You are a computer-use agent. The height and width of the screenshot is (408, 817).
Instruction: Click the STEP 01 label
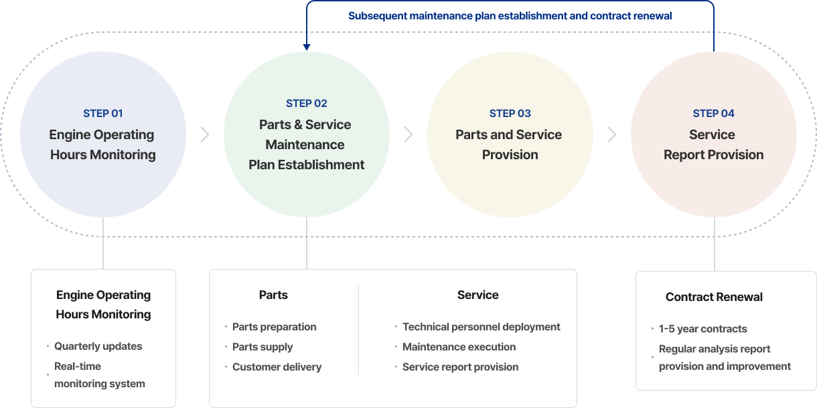pyautogui.click(x=103, y=114)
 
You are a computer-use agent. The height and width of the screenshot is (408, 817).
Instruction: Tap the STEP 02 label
pyautogui.click(x=307, y=104)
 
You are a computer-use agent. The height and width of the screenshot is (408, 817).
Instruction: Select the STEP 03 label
pyautogui.click(x=510, y=114)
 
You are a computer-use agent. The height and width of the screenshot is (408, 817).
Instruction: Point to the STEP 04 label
pyautogui.click(x=714, y=114)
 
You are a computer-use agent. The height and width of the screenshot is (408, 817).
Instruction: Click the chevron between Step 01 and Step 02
pyautogui.click(x=205, y=134)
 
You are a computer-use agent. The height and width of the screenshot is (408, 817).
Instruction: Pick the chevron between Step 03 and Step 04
pyautogui.click(x=612, y=134)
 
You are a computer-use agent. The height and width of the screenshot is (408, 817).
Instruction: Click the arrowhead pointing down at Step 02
pyautogui.click(x=307, y=47)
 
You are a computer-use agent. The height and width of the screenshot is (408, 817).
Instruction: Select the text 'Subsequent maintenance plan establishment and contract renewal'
pyautogui.click(x=510, y=15)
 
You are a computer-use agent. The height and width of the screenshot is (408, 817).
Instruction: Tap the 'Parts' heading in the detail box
pyautogui.click(x=273, y=295)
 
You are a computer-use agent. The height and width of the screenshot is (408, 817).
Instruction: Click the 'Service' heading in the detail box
pyautogui.click(x=478, y=295)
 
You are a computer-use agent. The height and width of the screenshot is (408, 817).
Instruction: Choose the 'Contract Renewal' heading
pyautogui.click(x=714, y=297)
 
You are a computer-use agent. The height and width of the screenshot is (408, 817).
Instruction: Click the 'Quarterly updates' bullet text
pyautogui.click(x=98, y=346)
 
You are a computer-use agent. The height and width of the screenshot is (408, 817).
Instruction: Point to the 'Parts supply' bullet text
pyautogui.click(x=263, y=347)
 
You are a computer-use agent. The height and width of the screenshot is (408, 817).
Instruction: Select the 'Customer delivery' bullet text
pyautogui.click(x=277, y=367)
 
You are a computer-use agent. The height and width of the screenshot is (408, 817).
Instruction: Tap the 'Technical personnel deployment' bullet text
pyautogui.click(x=481, y=327)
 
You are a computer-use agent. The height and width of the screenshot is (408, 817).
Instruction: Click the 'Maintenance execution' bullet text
pyautogui.click(x=459, y=347)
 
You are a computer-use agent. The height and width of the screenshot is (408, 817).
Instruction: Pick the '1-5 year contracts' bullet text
pyautogui.click(x=703, y=329)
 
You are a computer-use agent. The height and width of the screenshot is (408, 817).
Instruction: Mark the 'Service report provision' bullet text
pyautogui.click(x=461, y=367)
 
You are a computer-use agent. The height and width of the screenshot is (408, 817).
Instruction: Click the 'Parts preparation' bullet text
pyautogui.click(x=275, y=327)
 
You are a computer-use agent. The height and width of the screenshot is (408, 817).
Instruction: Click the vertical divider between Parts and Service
pyautogui.click(x=359, y=330)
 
